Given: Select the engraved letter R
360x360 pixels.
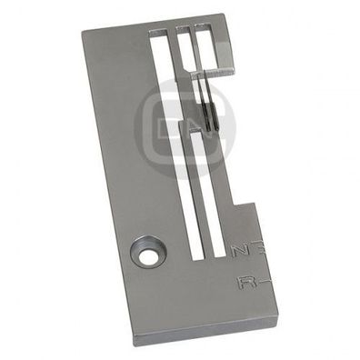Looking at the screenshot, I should [243, 284].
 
